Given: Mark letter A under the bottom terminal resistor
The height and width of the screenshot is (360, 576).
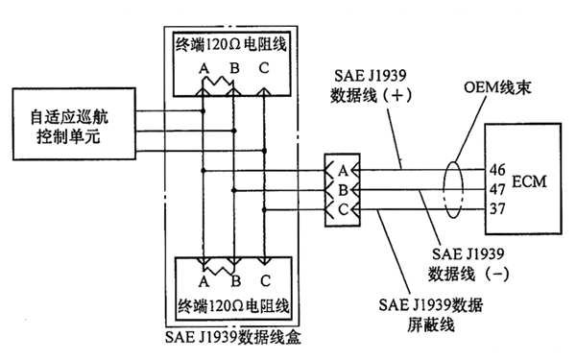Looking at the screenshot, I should coord(203,284).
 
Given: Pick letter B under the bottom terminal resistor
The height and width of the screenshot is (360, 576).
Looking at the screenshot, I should coord(234,284).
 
